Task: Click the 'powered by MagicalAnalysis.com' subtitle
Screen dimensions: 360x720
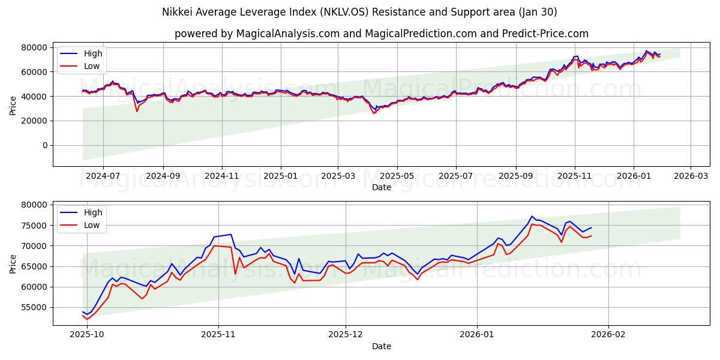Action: (x=381, y=34)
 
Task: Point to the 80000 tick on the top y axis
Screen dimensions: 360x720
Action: (x=35, y=47)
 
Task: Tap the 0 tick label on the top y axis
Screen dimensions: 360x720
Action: (x=44, y=145)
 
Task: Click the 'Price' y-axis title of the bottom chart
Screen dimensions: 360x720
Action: (x=13, y=263)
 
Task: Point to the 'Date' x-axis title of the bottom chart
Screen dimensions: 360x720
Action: (x=381, y=346)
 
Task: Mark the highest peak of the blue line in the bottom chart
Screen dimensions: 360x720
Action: (x=532, y=216)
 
